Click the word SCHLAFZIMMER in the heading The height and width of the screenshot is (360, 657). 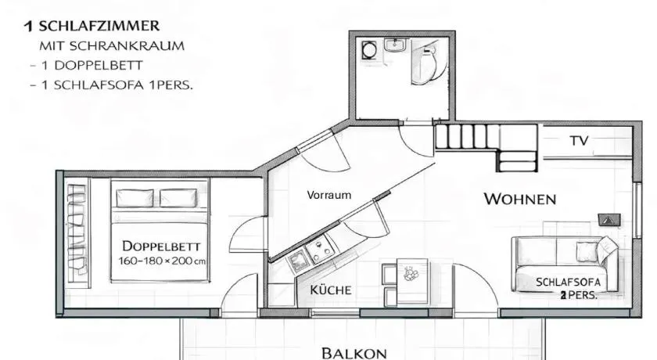(x=99, y=26)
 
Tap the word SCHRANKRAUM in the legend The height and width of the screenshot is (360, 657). (x=127, y=45)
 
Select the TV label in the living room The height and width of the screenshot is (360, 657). (x=579, y=141)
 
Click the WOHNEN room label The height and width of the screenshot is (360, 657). (x=520, y=199)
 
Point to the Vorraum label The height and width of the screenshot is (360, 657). (x=329, y=195)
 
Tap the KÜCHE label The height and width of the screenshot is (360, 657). (x=331, y=290)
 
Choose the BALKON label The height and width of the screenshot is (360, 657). (x=354, y=353)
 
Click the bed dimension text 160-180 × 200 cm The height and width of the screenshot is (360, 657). (x=162, y=261)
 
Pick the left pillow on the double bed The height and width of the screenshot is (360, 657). (x=135, y=198)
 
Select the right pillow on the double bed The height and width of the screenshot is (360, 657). (x=178, y=198)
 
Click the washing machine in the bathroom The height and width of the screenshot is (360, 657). (x=369, y=50)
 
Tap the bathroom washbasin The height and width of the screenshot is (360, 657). (x=394, y=45)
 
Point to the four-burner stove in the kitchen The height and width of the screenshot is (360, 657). (x=320, y=249)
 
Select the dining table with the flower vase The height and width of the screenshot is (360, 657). (x=413, y=281)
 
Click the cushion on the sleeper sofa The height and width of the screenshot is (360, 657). (x=584, y=251)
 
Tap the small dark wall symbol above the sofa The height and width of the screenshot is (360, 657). (x=609, y=220)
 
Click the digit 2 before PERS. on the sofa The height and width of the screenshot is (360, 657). (x=564, y=296)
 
